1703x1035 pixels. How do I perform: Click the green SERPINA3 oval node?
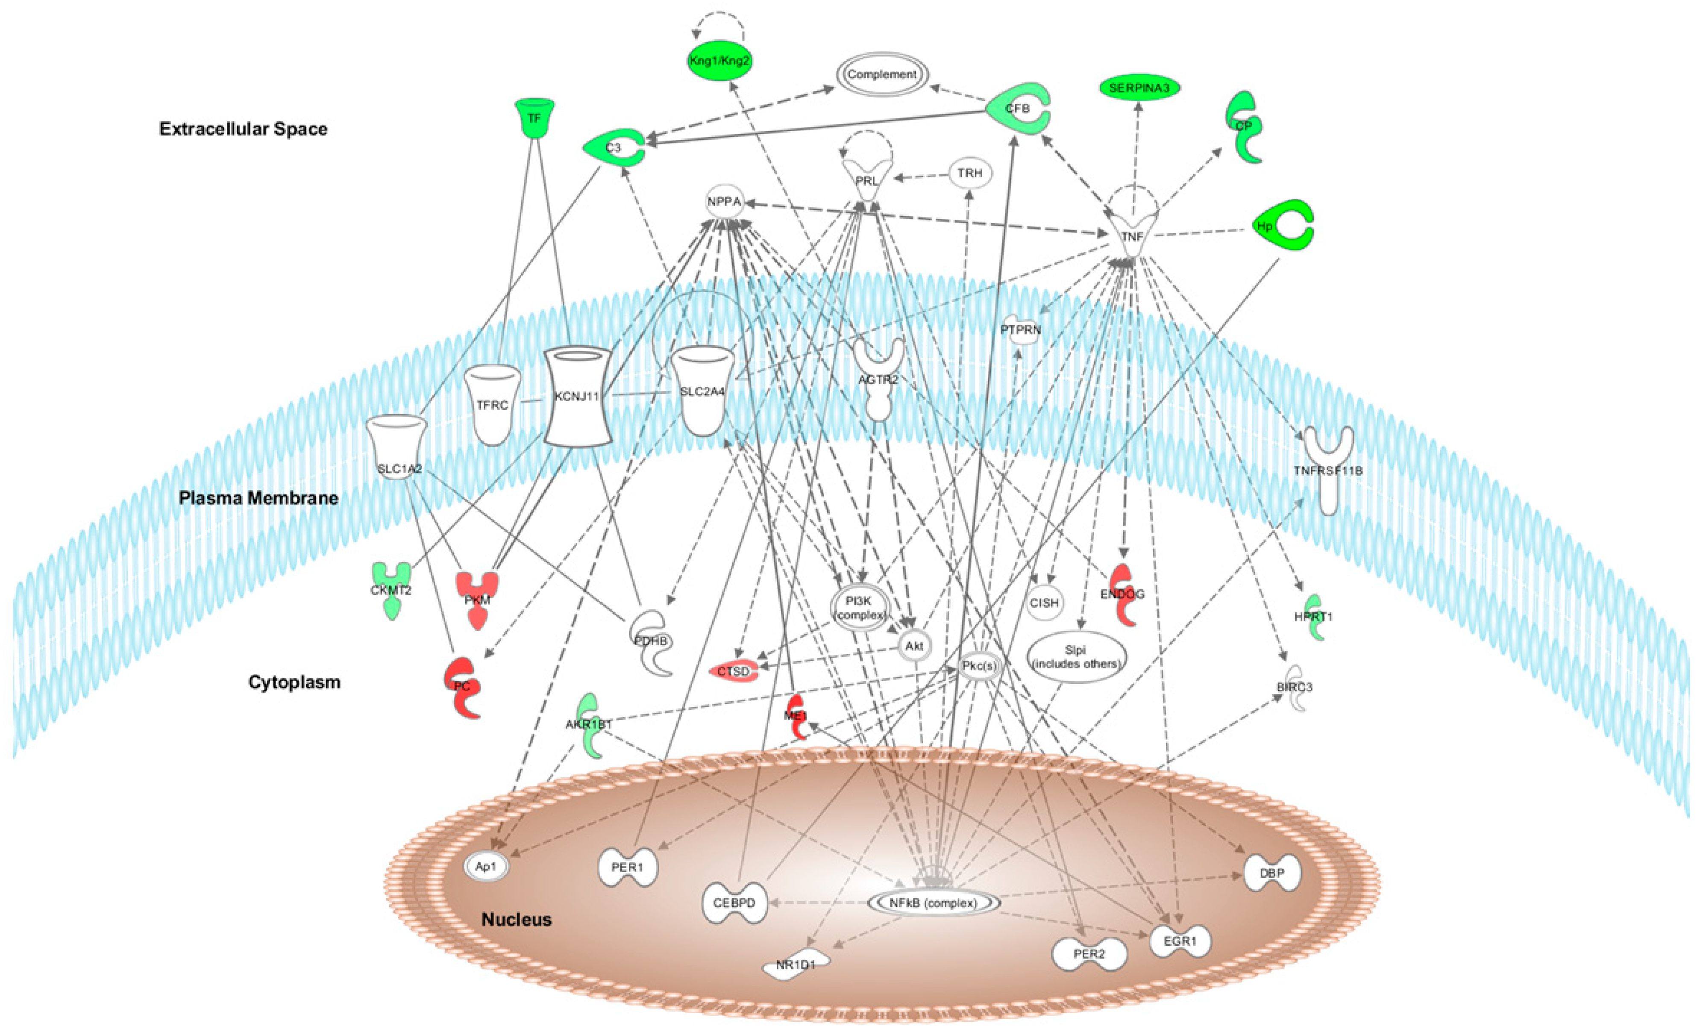coord(1139,88)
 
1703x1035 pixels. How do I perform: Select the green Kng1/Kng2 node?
coord(719,61)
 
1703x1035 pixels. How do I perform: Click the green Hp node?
coord(1283,225)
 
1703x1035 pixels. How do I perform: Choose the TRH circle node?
coord(970,173)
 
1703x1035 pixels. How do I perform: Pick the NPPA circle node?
coord(724,202)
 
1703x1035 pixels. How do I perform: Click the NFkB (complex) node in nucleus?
coord(933,903)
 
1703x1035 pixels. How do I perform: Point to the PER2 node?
coord(1089,954)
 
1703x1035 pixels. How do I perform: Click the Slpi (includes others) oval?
coord(1075,657)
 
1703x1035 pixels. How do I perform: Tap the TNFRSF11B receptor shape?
coord(1327,470)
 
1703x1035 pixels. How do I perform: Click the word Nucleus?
coord(516,920)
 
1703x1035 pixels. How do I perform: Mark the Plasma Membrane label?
coord(258,498)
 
